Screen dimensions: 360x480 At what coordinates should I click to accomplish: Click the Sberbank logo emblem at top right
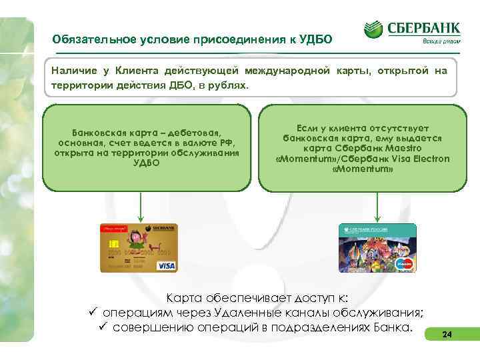point(374,29)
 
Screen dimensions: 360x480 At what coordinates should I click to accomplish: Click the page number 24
point(447,335)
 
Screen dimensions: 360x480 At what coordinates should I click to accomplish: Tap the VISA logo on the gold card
point(165,265)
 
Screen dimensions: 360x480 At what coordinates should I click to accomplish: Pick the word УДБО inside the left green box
point(147,162)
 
